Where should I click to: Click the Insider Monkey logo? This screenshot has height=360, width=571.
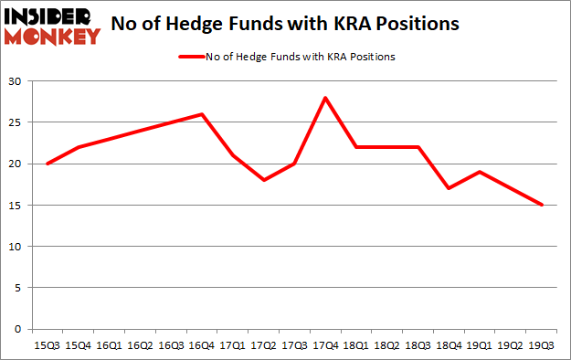click(52, 26)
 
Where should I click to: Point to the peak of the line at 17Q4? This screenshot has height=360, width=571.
click(325, 98)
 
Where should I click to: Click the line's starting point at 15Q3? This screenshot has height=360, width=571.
click(48, 164)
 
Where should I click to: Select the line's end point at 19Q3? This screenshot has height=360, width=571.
click(542, 205)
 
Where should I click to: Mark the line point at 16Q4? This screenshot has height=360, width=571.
click(202, 114)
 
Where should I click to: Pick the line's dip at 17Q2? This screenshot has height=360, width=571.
click(263, 180)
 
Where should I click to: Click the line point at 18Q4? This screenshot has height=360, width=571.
click(449, 188)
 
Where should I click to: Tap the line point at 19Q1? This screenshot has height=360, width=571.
click(480, 172)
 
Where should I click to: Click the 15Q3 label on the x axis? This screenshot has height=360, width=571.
click(48, 345)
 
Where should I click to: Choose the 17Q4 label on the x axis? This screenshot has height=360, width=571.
click(325, 345)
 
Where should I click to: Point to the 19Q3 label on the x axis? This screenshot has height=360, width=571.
click(542, 345)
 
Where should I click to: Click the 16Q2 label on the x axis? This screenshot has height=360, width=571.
click(140, 345)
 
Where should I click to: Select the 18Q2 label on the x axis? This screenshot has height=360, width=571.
click(387, 345)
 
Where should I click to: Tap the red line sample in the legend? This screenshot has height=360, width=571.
click(189, 57)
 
